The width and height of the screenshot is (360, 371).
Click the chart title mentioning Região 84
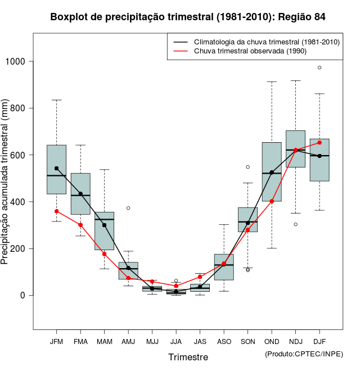tap(188, 17)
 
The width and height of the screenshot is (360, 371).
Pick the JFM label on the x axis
tap(56, 341)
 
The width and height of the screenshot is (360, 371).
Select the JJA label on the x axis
tap(176, 341)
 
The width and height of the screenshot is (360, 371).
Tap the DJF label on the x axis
tap(319, 341)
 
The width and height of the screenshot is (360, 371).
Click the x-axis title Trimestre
tap(188, 357)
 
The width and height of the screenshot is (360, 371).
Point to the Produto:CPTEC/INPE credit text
tap(304, 354)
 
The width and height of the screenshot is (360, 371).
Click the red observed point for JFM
tap(56, 211)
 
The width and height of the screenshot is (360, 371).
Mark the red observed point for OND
tap(272, 201)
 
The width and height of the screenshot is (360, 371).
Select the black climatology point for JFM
tap(56, 168)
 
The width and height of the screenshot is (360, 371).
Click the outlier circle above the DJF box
tap(319, 67)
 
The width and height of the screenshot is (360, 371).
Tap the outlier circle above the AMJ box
tap(128, 208)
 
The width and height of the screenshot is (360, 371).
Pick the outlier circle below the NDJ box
tap(295, 224)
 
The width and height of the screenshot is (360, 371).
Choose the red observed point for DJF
tap(319, 142)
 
